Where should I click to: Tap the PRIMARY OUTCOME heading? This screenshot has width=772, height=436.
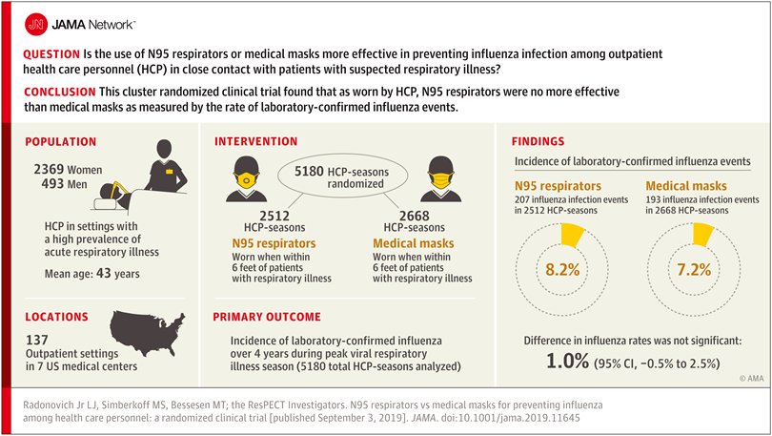tap(267, 316)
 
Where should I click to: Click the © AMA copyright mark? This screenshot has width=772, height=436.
tap(724, 379)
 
